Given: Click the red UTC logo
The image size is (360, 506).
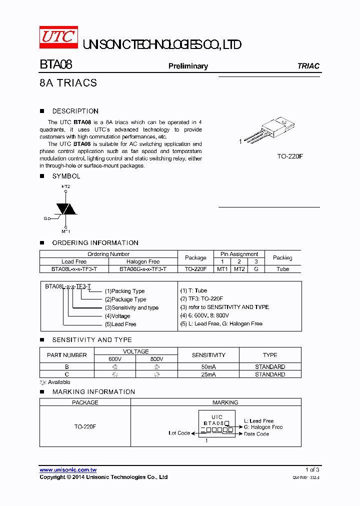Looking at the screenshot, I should point(58,37).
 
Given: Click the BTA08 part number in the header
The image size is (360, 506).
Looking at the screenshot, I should point(56,65).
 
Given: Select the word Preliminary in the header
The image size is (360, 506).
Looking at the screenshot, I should point(188,66).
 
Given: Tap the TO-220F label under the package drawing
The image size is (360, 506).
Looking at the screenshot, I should point(290,156).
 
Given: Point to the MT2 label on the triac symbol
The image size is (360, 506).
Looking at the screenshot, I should point(66,186).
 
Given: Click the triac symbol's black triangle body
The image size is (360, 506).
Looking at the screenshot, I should point(65,208).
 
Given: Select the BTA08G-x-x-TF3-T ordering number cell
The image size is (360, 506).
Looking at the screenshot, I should point(143,269).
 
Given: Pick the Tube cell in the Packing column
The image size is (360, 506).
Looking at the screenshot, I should point(282,269).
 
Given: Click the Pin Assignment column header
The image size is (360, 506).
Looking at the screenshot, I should point(239,254).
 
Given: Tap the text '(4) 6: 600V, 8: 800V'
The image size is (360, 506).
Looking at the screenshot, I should point(204,315).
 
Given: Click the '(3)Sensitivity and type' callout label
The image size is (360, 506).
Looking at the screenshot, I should point(131,307).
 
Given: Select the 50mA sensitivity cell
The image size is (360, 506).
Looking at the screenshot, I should point(208,366).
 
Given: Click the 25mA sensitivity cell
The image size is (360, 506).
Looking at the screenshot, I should point(208,374).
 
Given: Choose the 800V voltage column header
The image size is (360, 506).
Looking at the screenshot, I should point(156,359).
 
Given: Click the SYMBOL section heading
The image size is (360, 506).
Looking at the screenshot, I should point(66,176).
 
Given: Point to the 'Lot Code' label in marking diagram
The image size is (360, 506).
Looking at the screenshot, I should point(179,433).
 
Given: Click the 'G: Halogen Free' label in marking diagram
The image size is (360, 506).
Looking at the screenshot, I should point(263,427).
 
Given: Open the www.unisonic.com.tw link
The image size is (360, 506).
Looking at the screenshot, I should point(68,470).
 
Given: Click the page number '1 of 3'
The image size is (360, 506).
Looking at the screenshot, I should point(312,469).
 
